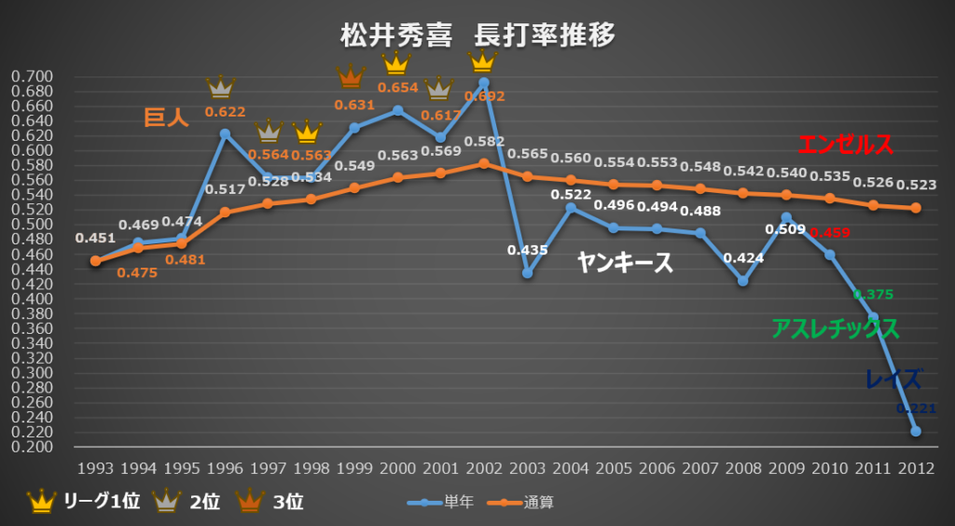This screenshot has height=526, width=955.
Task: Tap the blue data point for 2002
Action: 483,82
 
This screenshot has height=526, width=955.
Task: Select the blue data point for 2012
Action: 915,431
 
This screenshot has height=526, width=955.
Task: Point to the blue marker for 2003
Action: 527,273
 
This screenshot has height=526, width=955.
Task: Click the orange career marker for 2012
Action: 915,208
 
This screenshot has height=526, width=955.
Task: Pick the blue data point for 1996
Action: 225,134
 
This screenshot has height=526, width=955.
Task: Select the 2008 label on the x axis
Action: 742,467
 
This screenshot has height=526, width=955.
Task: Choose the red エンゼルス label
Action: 845,145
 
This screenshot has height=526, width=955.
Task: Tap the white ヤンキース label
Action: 624,263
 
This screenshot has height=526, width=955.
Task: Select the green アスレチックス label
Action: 835,328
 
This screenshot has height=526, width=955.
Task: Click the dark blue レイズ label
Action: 893,380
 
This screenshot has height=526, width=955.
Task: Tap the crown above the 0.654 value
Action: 397,62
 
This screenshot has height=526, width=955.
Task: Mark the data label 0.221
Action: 915,408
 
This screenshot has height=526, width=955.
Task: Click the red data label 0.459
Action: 829,231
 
